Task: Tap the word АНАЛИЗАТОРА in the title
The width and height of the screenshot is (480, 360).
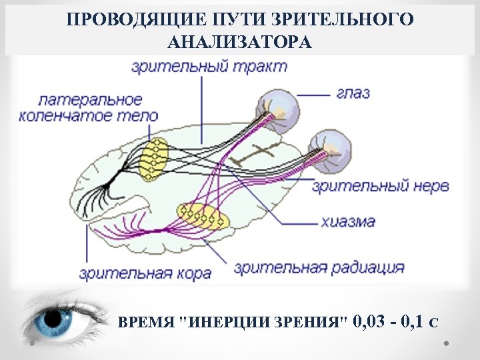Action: pos(240,43)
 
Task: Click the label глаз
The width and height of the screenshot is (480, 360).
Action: pos(353,93)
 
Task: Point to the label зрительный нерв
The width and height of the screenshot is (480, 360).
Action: pos(381,186)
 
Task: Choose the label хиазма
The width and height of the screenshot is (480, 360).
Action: pos(347,221)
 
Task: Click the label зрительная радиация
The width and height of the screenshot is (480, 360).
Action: pos(319,268)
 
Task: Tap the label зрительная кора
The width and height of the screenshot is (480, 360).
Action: pos(145,273)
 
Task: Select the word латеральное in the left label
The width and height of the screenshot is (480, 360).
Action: pos(90,100)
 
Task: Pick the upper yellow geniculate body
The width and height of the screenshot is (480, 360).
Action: pos(154,159)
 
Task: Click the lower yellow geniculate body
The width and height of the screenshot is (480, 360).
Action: pos(203,216)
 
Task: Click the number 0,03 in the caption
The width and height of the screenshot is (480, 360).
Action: pos(371,323)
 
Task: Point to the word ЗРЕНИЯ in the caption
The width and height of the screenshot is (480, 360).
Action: pos(314,324)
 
